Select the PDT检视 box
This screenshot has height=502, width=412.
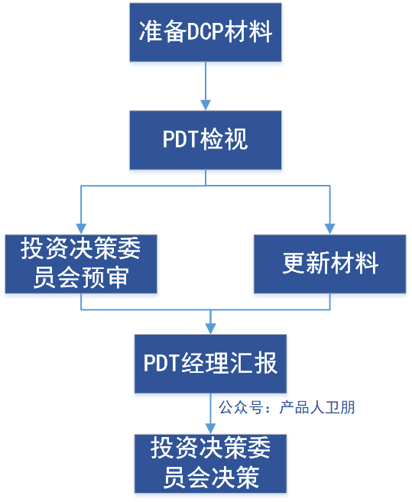point(206,140)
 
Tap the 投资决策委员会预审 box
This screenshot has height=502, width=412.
point(81,264)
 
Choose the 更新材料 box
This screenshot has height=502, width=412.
point(330,264)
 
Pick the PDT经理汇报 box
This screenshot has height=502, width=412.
point(210,364)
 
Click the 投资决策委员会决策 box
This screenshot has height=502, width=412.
point(210,464)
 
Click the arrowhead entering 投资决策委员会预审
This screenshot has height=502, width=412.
point(81,228)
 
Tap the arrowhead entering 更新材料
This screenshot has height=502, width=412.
point(330,228)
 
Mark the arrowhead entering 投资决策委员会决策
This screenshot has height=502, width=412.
point(210,429)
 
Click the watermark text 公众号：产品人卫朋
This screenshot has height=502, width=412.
point(287,407)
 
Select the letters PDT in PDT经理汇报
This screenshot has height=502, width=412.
point(161,364)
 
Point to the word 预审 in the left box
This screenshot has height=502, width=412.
point(115,279)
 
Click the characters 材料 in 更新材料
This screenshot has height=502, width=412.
point(355,264)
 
